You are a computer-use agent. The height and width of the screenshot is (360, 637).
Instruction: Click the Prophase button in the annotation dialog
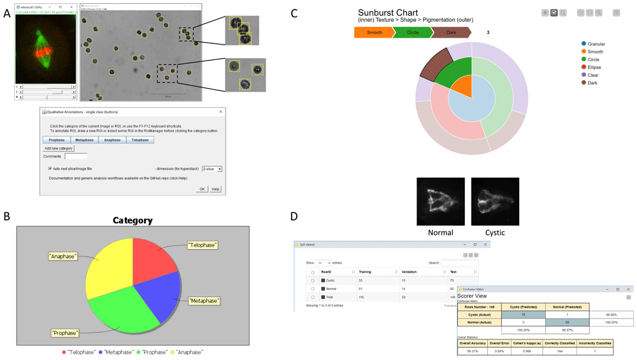(x=57, y=140)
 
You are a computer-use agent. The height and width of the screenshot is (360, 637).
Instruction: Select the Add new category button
(x=59, y=148)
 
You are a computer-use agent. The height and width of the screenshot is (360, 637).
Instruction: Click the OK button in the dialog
(x=202, y=189)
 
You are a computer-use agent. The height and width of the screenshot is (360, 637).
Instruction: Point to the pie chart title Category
(x=132, y=220)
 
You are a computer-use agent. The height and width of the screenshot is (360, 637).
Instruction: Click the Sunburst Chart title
(x=388, y=13)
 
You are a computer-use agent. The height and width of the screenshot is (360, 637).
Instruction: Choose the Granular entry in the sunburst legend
(x=596, y=44)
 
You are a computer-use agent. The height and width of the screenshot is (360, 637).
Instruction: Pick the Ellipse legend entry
(x=594, y=67)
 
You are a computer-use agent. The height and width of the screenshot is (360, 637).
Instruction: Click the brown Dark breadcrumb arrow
(x=451, y=32)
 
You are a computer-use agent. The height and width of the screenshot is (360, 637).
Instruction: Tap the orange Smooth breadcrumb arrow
(x=375, y=32)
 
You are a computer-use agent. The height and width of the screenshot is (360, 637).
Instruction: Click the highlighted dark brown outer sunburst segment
(x=431, y=68)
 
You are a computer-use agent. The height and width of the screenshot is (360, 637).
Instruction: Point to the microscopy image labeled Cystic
(x=495, y=201)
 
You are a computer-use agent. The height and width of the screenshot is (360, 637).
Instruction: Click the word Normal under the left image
(x=440, y=233)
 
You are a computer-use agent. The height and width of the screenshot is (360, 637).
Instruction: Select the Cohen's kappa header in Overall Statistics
(x=526, y=343)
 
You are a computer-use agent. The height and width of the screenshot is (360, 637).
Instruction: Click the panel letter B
(x=7, y=217)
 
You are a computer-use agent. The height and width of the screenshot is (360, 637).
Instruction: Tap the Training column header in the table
(x=366, y=271)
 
